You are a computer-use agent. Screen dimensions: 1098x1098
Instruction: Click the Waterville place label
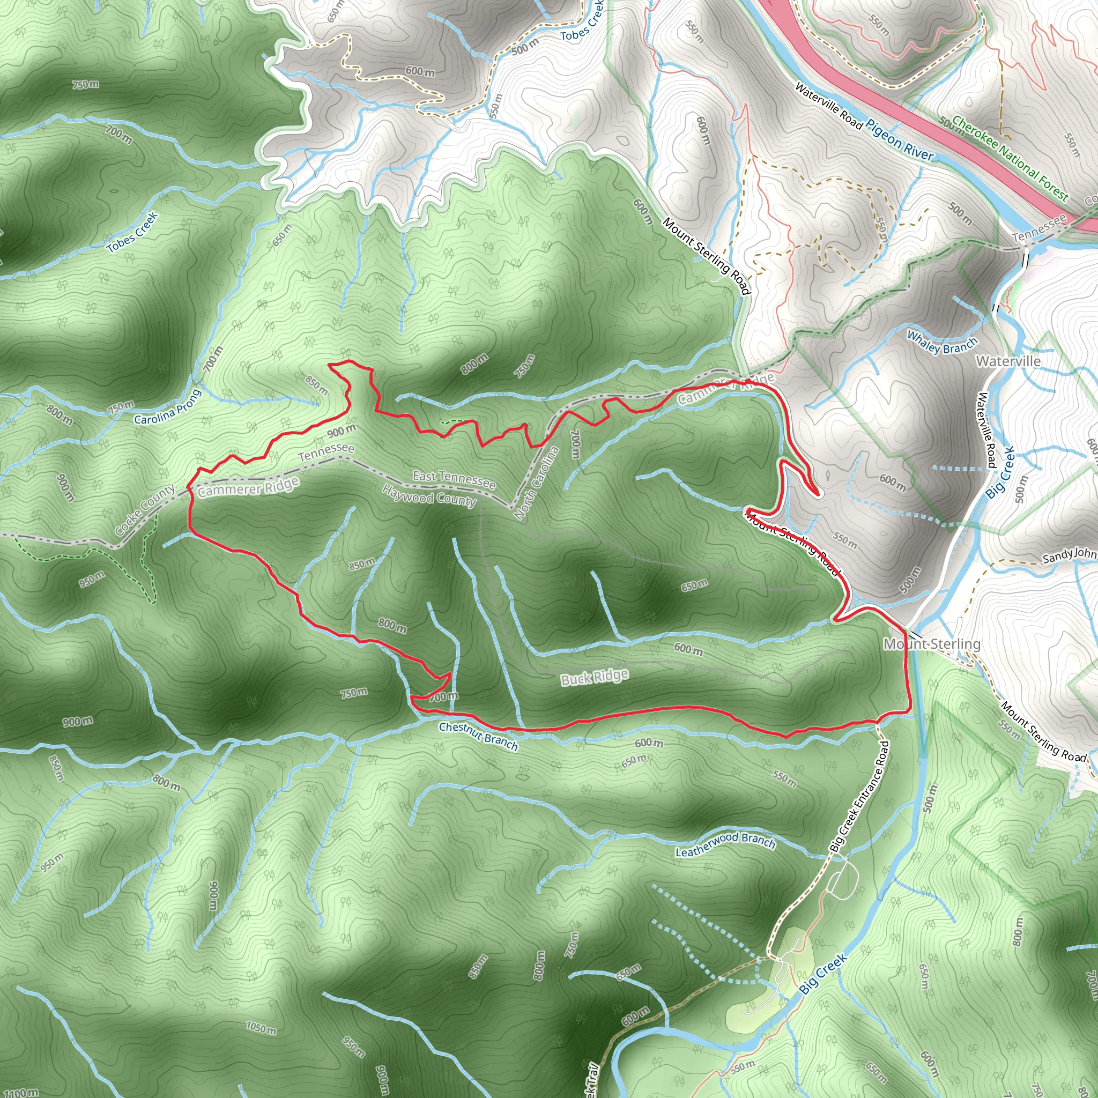(1008, 361)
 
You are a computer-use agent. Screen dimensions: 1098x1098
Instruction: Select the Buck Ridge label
(595, 678)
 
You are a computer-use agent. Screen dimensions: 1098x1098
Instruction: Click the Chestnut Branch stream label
(478, 736)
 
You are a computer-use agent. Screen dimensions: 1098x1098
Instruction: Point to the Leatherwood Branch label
(725, 844)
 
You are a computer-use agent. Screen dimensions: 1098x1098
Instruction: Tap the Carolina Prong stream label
(168, 407)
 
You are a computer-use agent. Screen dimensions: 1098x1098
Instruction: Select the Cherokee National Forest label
(1010, 158)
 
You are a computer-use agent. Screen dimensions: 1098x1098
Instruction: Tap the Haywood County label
(429, 496)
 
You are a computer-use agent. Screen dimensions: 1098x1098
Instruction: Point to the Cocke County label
(145, 510)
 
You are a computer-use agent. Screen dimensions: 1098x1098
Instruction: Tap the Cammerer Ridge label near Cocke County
(248, 487)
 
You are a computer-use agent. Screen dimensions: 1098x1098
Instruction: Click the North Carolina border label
(536, 483)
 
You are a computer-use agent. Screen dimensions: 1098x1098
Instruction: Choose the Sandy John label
(1069, 555)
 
